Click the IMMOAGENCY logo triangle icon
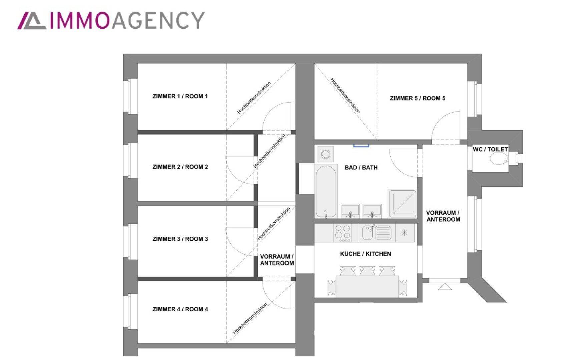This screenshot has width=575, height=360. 32,21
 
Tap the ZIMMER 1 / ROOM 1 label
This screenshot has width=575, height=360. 180,96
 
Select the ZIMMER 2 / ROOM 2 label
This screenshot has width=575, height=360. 180,167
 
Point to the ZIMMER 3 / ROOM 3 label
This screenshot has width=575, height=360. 180,239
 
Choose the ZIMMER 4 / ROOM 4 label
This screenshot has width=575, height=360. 180,309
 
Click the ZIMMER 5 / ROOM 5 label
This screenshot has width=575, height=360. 418,98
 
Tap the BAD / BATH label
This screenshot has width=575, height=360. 361,168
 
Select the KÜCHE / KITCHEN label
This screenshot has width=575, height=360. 365,254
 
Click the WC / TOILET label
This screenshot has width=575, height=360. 490,149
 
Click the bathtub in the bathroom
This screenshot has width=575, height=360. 326,191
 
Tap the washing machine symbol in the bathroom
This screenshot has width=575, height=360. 326,154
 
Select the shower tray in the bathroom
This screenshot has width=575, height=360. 402,203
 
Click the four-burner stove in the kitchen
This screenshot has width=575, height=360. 343,232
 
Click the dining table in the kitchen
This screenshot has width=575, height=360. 367,286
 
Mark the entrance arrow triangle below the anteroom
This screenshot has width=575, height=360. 444,287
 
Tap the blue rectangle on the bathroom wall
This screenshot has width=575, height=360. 361,145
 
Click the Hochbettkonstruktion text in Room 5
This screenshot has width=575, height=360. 345,96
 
